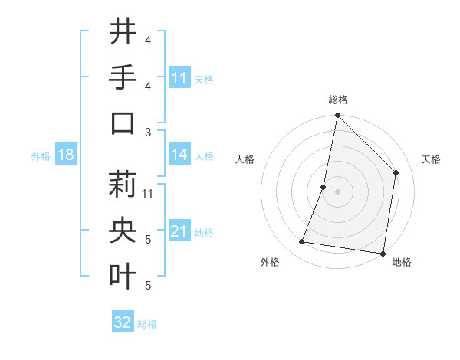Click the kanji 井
point(123,31)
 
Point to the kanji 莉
point(123,185)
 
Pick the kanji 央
point(123,231)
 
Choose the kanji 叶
point(123,277)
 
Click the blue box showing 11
point(179,78)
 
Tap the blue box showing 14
point(179,155)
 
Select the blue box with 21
point(179,231)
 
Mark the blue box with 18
point(66,155)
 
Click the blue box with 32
point(123,322)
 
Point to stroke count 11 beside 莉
point(148,193)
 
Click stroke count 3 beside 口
point(148,132)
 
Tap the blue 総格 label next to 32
point(147,324)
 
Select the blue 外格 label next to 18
point(41,156)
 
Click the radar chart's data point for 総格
point(337,116)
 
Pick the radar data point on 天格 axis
point(396,172)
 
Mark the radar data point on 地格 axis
point(383,253)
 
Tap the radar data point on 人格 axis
point(324,187)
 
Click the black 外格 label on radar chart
point(270,262)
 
